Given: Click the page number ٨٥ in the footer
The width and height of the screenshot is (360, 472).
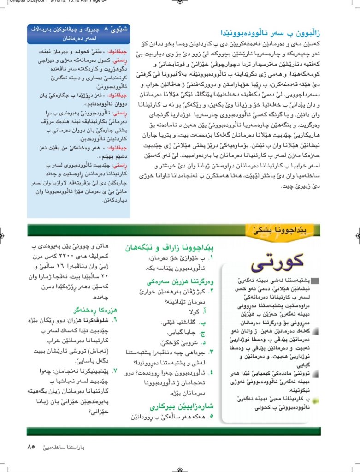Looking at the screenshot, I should [x=32, y=447].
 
